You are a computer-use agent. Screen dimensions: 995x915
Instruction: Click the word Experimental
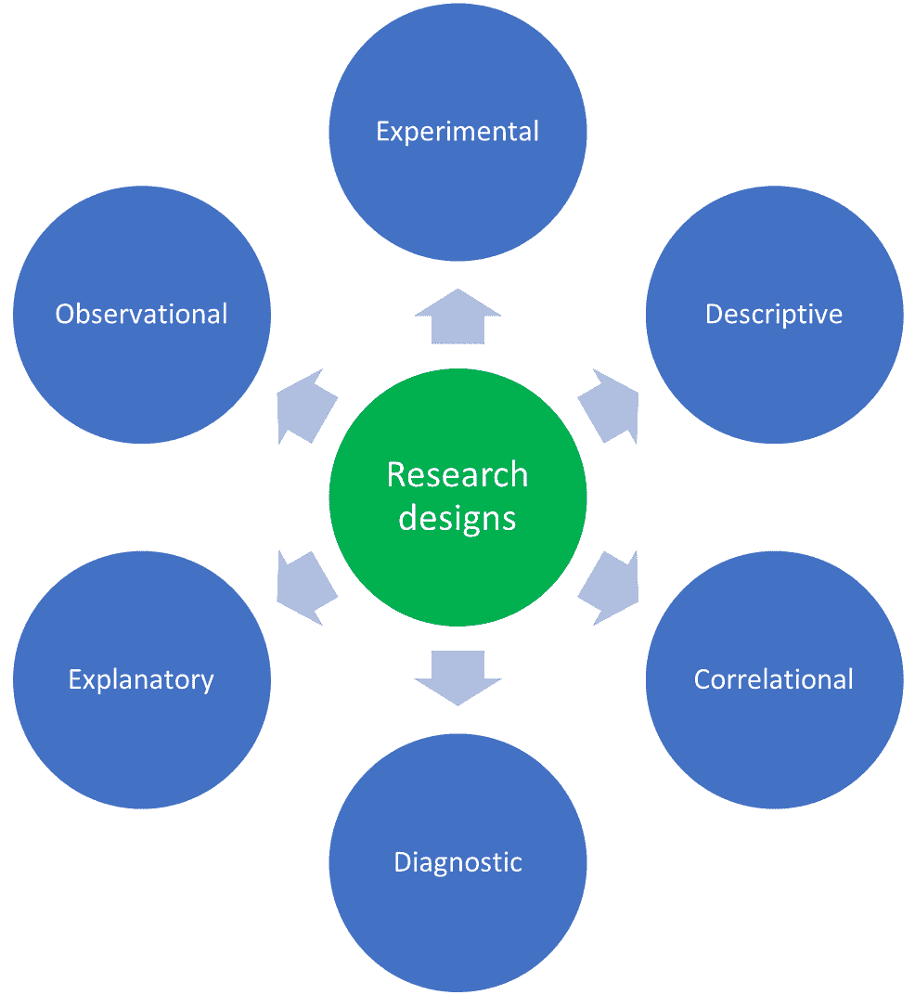pyautogui.click(x=457, y=131)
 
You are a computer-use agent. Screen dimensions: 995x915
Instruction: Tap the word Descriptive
pyautogui.click(x=774, y=314)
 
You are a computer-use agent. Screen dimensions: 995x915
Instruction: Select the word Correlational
pyautogui.click(x=774, y=679)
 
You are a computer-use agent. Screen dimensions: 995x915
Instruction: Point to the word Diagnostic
pyautogui.click(x=457, y=862)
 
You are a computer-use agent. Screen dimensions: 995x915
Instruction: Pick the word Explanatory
pyautogui.click(x=141, y=679)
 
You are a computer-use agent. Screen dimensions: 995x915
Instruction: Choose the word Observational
pyautogui.click(x=141, y=314)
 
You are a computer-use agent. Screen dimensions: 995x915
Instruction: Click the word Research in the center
pyautogui.click(x=457, y=474)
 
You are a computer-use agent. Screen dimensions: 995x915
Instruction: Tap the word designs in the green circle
pyautogui.click(x=457, y=518)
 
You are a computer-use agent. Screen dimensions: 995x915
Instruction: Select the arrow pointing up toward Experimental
pyautogui.click(x=457, y=317)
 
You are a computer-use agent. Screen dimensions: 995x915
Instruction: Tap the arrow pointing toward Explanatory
pyautogui.click(x=306, y=588)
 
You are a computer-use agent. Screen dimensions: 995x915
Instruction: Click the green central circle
pyautogui.click(x=457, y=557)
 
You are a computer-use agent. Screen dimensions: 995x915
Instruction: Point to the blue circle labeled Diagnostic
pyautogui.click(x=457, y=928)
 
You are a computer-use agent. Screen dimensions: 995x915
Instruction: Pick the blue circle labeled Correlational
pyautogui.click(x=774, y=743)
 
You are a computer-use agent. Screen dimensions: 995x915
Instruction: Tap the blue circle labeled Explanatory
pyautogui.click(x=141, y=743)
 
